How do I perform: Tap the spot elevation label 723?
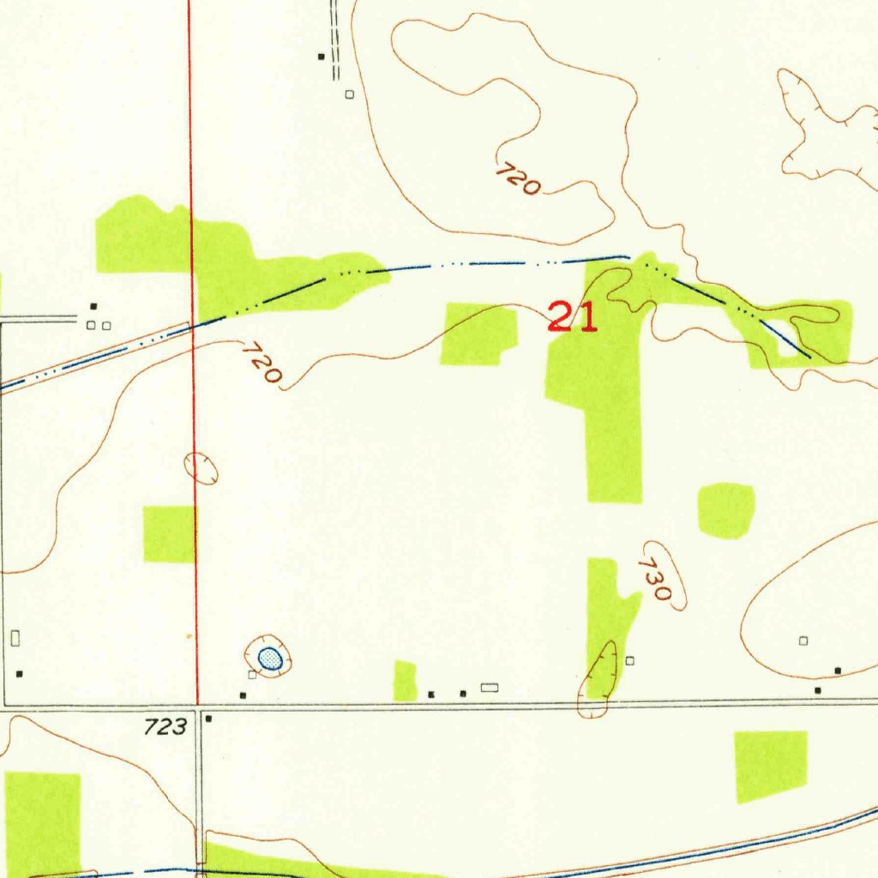pyautogui.click(x=165, y=727)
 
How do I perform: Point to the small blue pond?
pyautogui.click(x=269, y=658)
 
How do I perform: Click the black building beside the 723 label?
pyautogui.click(x=208, y=720)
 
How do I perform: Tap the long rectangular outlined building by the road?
pyautogui.click(x=490, y=687)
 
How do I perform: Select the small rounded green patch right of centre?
pyautogui.click(x=725, y=510)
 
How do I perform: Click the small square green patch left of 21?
pyautogui.click(x=478, y=334)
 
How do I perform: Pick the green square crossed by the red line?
pyautogui.click(x=170, y=533)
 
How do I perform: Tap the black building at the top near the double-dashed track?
pyautogui.click(x=322, y=57)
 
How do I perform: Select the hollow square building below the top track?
pyautogui.click(x=349, y=94)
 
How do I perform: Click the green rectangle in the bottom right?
pyautogui.click(x=771, y=767)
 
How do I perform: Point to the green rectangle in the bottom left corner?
pyautogui.click(x=42, y=823)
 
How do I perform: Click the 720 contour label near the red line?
pyautogui.click(x=262, y=364)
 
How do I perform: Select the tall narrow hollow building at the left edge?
pyautogui.click(x=15, y=638)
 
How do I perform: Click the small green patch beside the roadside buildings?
pyautogui.click(x=405, y=681)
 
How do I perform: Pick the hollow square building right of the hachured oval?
pyautogui.click(x=629, y=660)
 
